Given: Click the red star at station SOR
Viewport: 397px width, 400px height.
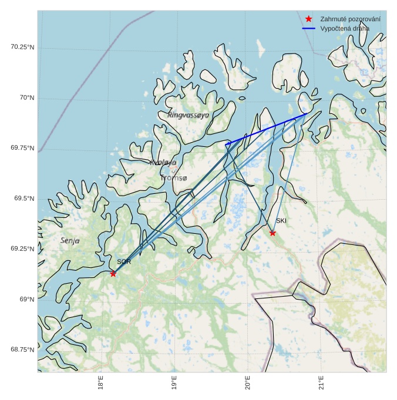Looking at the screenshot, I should pyautogui.click(x=113, y=274).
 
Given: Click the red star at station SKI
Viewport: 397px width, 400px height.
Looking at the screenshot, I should pyautogui.click(x=272, y=233).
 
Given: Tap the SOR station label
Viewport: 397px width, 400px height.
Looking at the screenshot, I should pyautogui.click(x=123, y=262).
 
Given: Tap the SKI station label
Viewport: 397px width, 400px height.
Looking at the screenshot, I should pyautogui.click(x=281, y=221).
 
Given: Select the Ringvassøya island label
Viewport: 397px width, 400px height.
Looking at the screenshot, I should pyautogui.click(x=188, y=115).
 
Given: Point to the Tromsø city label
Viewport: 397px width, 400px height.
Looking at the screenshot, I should pyautogui.click(x=174, y=177).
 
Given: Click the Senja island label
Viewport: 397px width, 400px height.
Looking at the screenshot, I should pyautogui.click(x=70, y=241).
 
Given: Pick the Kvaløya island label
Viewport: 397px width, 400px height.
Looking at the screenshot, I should pyautogui.click(x=163, y=162).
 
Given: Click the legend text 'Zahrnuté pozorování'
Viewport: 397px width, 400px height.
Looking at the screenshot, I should pyautogui.click(x=350, y=19).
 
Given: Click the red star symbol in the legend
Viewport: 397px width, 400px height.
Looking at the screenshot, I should pyautogui.click(x=309, y=19).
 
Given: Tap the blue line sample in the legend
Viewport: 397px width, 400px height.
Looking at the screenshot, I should pyautogui.click(x=309, y=28).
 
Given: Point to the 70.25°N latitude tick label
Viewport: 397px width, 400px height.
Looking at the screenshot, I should pyautogui.click(x=23, y=47).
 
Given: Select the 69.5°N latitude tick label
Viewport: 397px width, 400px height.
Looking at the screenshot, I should pyautogui.click(x=25, y=199).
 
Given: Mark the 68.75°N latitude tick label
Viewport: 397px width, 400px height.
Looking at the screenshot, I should pyautogui.click(x=23, y=350).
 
